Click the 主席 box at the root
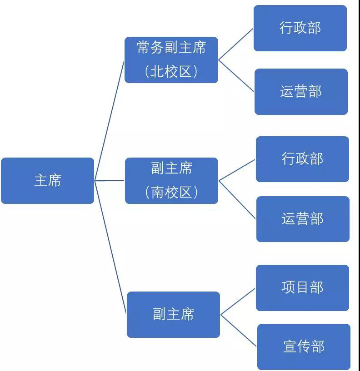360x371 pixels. [x=47, y=181]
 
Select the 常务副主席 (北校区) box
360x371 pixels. [x=171, y=60]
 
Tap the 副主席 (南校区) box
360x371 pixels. [x=171, y=181]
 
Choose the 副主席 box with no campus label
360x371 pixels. [x=173, y=314]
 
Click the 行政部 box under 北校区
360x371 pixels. [x=300, y=28]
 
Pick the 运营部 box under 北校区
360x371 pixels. [x=301, y=92]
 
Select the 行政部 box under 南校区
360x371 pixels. [x=302, y=159]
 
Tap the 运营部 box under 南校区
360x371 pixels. [x=303, y=219]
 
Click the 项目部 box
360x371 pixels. [x=302, y=288]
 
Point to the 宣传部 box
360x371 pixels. [x=304, y=347]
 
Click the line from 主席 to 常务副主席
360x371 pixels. [x=110, y=120]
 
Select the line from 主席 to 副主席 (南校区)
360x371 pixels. [x=110, y=181]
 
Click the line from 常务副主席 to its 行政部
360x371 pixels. [x=236, y=44]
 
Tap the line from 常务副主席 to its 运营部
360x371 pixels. [x=236, y=76]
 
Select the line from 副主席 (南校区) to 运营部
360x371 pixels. [x=237, y=200]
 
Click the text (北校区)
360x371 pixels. [x=171, y=72]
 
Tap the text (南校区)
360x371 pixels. [x=171, y=193]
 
